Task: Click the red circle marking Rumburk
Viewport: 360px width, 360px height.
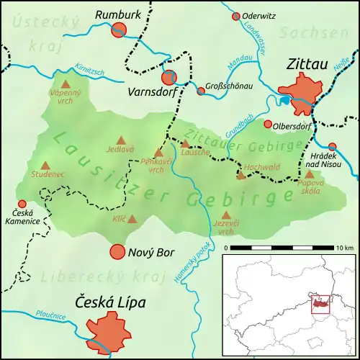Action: [120, 29]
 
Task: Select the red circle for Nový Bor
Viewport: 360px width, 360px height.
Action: [117, 252]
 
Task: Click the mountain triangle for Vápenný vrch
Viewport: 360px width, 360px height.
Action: [65, 84]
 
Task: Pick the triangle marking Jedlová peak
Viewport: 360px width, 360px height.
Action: [120, 141]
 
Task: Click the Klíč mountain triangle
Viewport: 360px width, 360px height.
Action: [132, 218]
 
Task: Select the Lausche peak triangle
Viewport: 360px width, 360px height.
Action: [185, 144]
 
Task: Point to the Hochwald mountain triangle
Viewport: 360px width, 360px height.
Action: [242, 175]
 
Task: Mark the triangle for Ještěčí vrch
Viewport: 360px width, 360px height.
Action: [226, 215]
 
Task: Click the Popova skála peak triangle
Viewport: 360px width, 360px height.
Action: [309, 174]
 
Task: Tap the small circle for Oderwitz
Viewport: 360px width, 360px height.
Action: [235, 16]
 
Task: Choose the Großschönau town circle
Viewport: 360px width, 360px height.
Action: [201, 91]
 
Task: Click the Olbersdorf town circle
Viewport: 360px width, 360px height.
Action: [269, 125]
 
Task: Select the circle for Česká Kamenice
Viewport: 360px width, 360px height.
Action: [22, 204]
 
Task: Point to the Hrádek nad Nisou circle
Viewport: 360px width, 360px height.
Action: [332, 146]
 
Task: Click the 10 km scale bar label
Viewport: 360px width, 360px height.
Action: [344, 248]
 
